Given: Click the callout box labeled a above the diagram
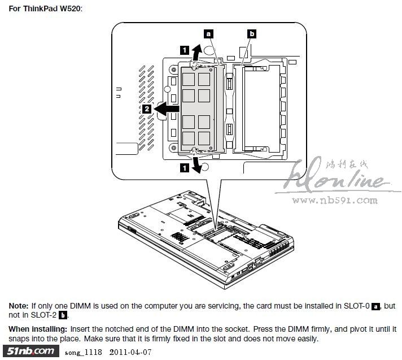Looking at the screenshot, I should pyautogui.click(x=209, y=34).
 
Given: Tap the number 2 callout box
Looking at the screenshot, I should pyautogui.click(x=147, y=109).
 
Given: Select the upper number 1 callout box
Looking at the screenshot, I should pyautogui.click(x=184, y=49).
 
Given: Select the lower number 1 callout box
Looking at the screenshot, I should pyautogui.click(x=184, y=167).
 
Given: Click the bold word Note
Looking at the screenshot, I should pyautogui.click(x=18, y=306).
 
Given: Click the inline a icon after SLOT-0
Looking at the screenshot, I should pyautogui.click(x=377, y=306).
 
